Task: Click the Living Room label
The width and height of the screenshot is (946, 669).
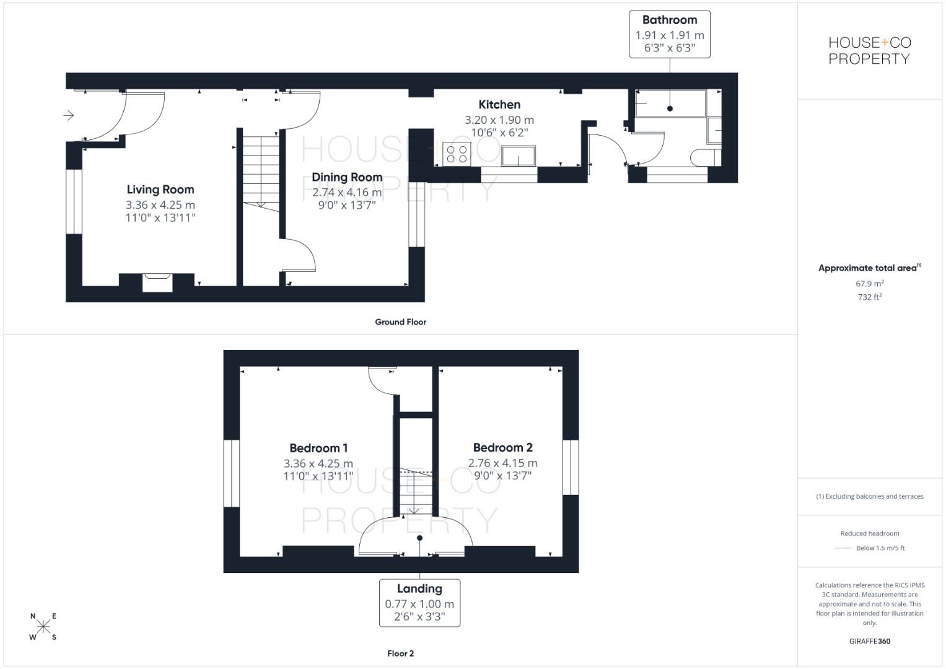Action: tap(160, 190)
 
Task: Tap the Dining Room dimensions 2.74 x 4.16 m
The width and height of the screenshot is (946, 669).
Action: tap(347, 193)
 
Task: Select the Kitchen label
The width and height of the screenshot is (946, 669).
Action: tap(499, 105)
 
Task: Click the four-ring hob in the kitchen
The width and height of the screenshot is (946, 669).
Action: tap(457, 154)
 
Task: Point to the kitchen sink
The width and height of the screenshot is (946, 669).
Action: tap(519, 156)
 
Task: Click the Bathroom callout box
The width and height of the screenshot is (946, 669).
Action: tap(670, 34)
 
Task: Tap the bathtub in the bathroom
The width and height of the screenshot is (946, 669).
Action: tap(670, 103)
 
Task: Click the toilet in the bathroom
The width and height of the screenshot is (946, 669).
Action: tap(703, 157)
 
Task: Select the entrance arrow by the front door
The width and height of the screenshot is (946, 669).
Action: tap(69, 115)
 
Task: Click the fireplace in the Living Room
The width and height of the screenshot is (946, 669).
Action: tap(157, 281)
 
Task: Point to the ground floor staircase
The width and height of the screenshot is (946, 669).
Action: tap(261, 170)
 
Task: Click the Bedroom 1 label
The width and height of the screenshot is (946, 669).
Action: tap(318, 448)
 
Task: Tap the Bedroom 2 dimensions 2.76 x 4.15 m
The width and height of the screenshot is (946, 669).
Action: tap(502, 463)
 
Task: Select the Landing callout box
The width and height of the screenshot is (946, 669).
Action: tap(419, 603)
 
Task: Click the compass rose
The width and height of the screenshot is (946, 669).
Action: tap(43, 626)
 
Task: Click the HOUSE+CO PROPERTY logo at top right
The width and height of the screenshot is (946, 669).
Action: tap(870, 51)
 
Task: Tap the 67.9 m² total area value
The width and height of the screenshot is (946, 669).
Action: tap(869, 284)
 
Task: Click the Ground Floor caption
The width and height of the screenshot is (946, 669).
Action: tap(400, 322)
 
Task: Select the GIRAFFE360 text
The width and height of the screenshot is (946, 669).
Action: tap(869, 641)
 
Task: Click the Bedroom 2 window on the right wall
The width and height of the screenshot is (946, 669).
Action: tap(571, 467)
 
